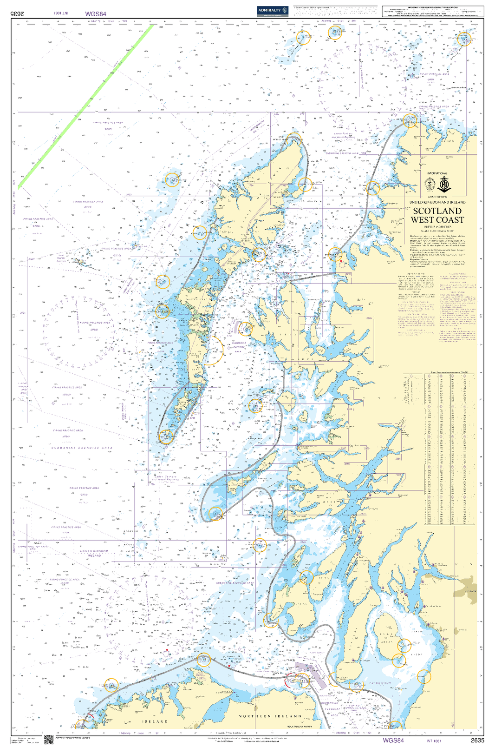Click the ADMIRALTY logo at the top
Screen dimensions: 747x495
click(x=273, y=10)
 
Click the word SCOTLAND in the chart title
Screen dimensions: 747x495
click(x=437, y=211)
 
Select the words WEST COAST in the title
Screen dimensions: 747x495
click(x=437, y=220)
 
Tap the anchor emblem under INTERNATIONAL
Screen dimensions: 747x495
click(x=445, y=184)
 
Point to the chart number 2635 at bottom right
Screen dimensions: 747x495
click(x=477, y=740)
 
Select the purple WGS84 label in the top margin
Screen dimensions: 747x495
click(x=96, y=14)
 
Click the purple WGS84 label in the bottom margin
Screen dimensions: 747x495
click(x=393, y=740)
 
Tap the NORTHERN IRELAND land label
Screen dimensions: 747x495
click(x=270, y=716)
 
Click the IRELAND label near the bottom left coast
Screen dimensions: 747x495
click(x=155, y=721)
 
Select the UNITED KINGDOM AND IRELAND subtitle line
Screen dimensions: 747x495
click(x=437, y=203)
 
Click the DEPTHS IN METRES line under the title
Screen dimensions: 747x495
click(x=437, y=227)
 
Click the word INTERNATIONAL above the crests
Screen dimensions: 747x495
click(x=437, y=173)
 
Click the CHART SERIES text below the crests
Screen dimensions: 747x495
click(x=437, y=197)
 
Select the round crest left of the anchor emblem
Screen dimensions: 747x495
click(x=430, y=185)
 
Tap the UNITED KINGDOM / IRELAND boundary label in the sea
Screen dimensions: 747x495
click(x=94, y=553)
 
